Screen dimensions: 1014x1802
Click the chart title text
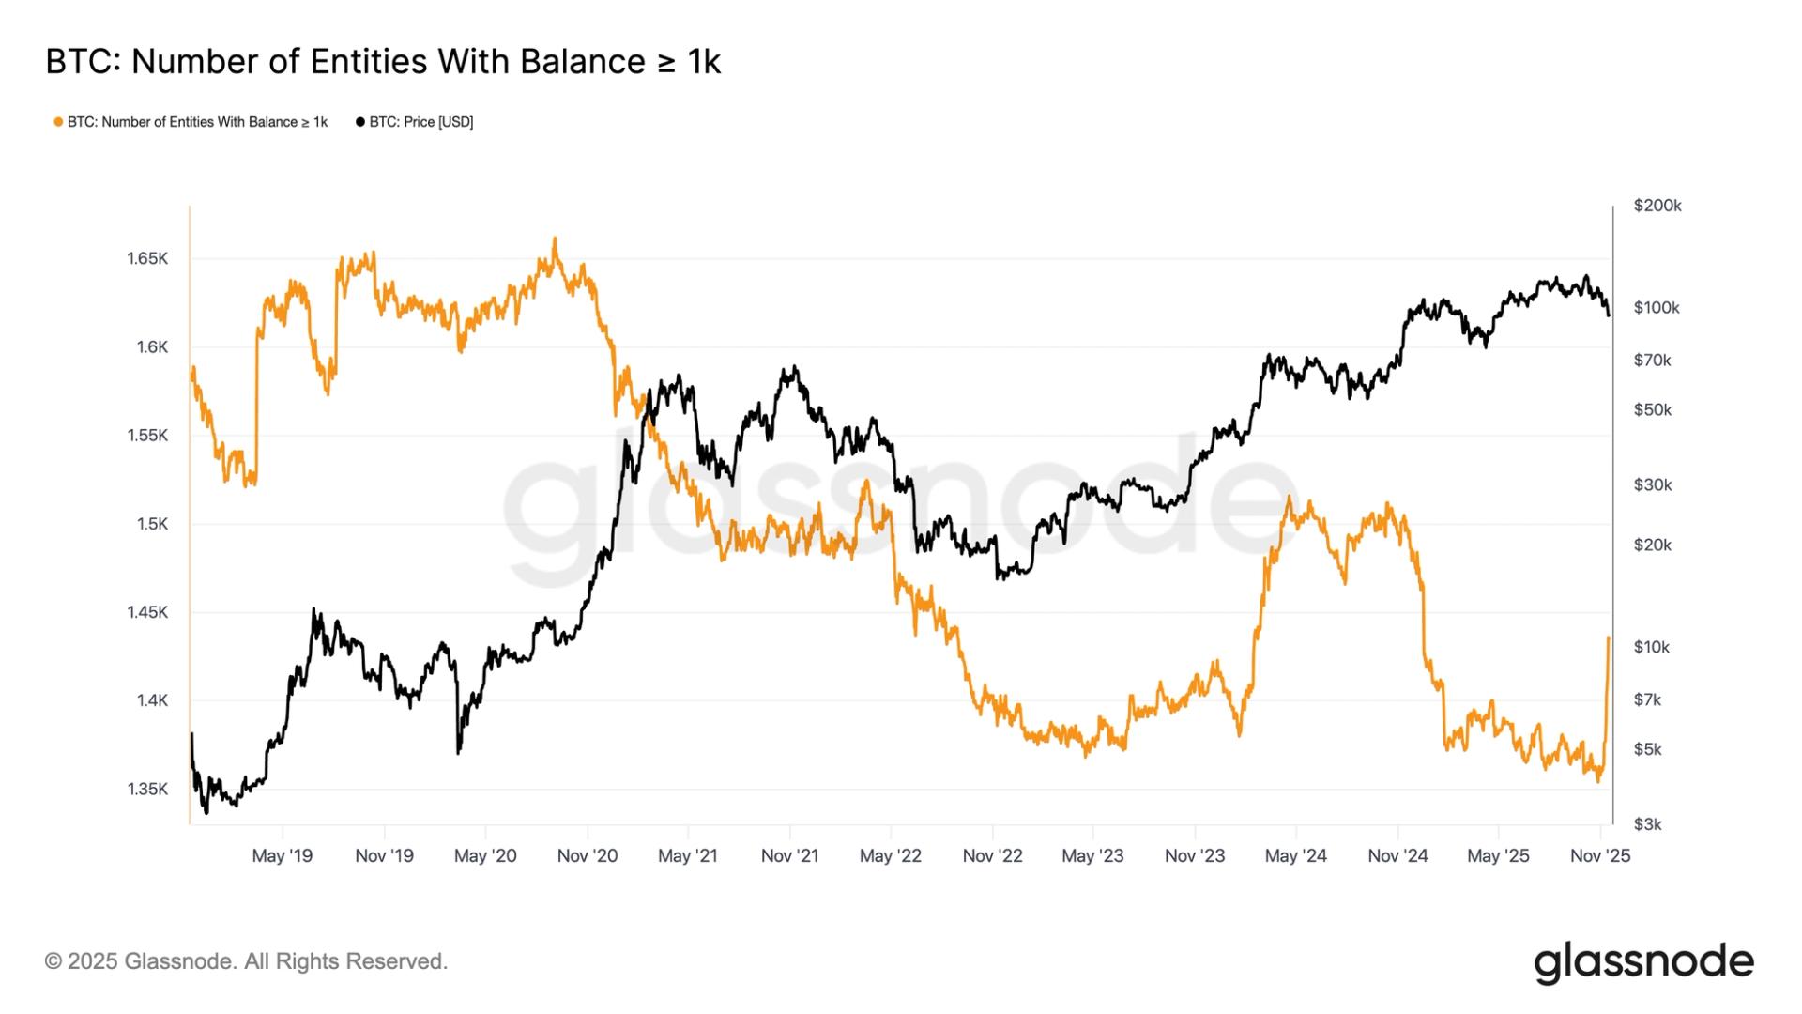[x=383, y=62]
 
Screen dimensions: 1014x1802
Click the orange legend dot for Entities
[x=58, y=122]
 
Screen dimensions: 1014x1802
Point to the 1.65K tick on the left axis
[x=147, y=258]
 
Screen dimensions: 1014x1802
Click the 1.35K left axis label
[x=147, y=789]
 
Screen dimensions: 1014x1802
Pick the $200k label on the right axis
[x=1657, y=206]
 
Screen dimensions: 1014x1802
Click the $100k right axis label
[x=1657, y=308]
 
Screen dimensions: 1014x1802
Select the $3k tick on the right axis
[x=1648, y=824]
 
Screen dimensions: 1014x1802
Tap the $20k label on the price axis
[x=1653, y=545]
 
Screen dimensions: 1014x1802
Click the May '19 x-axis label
[x=283, y=856]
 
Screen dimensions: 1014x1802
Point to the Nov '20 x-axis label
[x=588, y=856]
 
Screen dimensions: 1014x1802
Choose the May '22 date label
[x=891, y=856]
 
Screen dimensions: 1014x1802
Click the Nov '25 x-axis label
[x=1600, y=856]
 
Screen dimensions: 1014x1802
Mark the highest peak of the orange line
[x=555, y=238]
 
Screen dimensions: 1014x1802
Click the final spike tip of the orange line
[x=1609, y=638]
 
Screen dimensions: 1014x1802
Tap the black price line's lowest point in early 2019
[x=206, y=812]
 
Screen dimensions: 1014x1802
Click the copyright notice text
[x=247, y=961]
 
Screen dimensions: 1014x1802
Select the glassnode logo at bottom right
[x=1643, y=963]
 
